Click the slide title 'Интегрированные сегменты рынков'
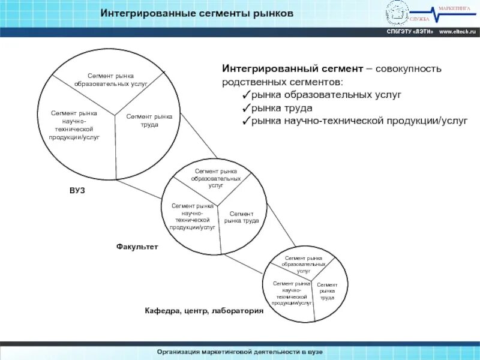click(x=197, y=13)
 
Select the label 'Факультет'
click(x=137, y=247)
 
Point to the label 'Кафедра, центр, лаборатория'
click(x=204, y=311)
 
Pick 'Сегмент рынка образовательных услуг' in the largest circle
click(x=111, y=79)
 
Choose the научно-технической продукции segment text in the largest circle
click(x=74, y=125)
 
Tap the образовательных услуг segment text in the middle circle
click(x=216, y=178)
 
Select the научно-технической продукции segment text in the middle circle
click(x=193, y=217)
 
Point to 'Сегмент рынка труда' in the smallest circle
click(x=327, y=291)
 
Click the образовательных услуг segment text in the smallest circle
click(x=304, y=264)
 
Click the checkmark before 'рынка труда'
click(x=247, y=108)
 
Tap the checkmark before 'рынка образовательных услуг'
click(x=247, y=95)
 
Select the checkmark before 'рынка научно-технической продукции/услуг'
click(x=247, y=121)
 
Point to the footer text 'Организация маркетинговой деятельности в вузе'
click(x=239, y=351)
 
